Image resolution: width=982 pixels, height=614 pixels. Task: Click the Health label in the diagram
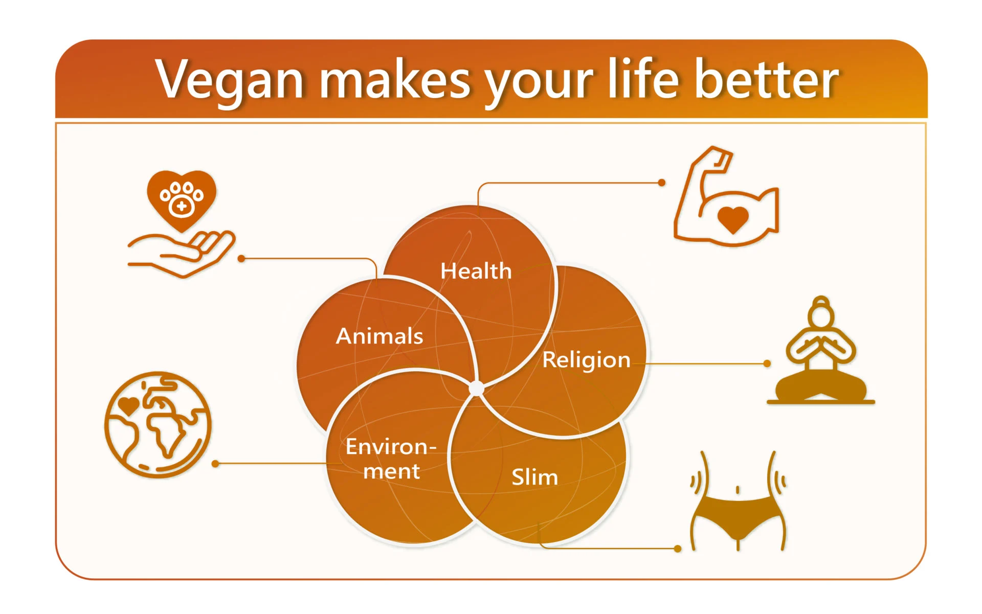pos(476,271)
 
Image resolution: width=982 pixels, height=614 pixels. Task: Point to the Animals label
pos(380,336)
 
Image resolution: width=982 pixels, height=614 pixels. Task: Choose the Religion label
pos(586,360)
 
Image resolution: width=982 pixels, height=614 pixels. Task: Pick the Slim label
pos(534,477)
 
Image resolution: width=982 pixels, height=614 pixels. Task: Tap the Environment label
pos(391,459)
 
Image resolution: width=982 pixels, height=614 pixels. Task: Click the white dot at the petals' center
pos(476,389)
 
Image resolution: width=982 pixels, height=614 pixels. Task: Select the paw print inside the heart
pos(182,199)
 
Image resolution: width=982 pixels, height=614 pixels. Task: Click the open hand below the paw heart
pos(181,254)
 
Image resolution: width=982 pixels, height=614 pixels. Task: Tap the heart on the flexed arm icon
pos(733,220)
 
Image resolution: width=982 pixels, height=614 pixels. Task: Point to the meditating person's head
pos(821,312)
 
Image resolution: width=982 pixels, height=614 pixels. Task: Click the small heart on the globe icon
pos(128,406)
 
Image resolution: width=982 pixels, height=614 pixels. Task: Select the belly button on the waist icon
pos(738,490)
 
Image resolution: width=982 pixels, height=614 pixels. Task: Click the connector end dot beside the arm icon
pos(662,183)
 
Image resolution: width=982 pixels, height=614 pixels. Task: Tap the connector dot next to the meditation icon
pos(767,363)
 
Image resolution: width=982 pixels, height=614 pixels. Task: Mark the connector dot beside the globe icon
pos(215,464)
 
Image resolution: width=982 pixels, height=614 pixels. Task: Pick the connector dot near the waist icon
pos(678,549)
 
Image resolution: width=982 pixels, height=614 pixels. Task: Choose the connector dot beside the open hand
pos(241,259)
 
